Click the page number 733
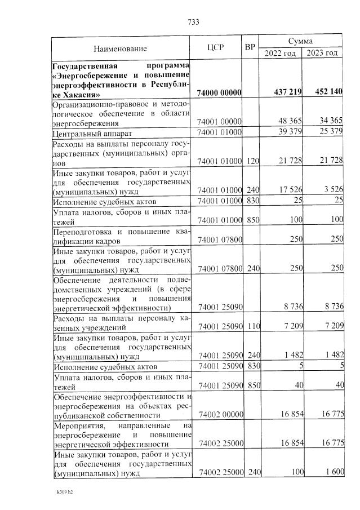pos(193,23)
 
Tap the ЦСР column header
pos(216,47)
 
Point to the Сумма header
pos(300,42)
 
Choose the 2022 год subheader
pos(280,53)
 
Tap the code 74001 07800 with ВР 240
pos(220,268)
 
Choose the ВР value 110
pos(252,327)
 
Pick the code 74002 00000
pos(220,415)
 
